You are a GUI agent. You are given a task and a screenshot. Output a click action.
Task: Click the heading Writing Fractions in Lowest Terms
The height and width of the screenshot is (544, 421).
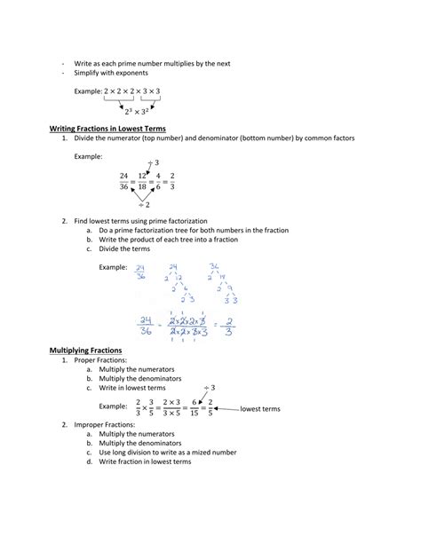click(x=107, y=129)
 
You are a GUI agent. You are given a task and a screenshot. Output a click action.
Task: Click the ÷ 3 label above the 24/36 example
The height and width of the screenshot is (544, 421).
click(x=154, y=162)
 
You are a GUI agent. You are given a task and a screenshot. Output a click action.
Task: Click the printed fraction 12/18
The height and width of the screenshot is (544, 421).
click(x=142, y=181)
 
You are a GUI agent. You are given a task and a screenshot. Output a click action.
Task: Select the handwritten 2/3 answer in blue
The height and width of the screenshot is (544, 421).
click(x=229, y=327)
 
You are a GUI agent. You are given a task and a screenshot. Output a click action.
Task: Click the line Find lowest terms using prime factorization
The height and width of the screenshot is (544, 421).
click(x=140, y=220)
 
